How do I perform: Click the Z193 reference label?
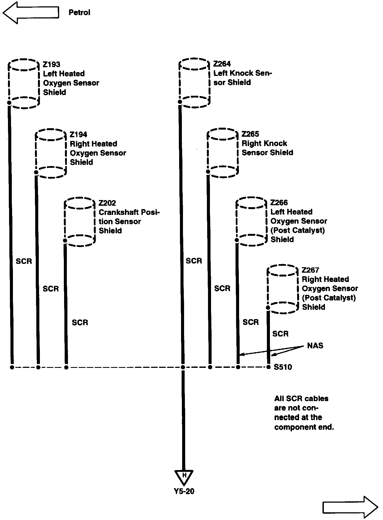[51, 64]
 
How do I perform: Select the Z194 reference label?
[78, 135]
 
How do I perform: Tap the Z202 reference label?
[107, 203]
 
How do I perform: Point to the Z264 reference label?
[222, 64]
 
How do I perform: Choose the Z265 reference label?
[250, 134]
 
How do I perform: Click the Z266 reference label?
[279, 203]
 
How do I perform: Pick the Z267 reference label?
[310, 270]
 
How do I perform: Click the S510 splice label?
[283, 367]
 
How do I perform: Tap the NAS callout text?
[315, 346]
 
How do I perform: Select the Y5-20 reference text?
[184, 491]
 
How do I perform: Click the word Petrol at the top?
[79, 13]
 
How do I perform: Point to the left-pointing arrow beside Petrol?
[31, 13]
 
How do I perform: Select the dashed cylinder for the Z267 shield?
[283, 289]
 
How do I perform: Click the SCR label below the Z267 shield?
[280, 334]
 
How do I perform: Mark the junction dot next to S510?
[269, 367]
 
